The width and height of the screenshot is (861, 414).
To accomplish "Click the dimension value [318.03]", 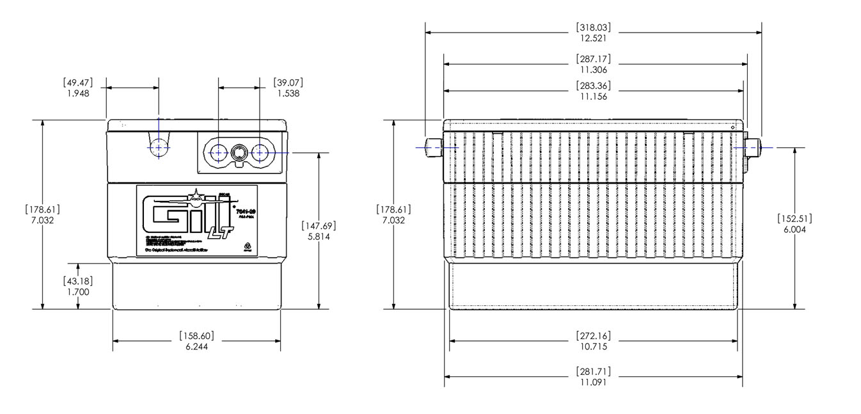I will point(594,28).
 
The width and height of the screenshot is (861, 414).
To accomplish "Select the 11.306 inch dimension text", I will point(594,70).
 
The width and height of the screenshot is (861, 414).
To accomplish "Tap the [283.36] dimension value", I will point(594,86).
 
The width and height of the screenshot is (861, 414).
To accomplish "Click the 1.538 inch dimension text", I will point(288,93).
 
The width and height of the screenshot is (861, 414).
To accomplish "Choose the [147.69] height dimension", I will point(319,225).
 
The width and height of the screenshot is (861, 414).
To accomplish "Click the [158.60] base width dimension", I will point(196,335).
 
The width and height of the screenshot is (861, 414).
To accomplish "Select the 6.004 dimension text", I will point(794,230).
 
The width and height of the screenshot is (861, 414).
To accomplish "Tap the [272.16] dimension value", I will point(594,335).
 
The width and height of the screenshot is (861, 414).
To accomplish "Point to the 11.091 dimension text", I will point(594,383).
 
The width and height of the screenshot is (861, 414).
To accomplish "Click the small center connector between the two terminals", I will point(240,152).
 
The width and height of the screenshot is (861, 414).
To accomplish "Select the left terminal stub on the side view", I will point(434,147).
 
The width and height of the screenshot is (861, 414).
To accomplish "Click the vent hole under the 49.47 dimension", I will point(159,147).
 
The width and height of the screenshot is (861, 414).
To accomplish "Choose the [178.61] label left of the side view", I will point(393,209).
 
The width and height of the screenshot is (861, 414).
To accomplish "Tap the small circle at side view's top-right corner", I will point(733,128).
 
